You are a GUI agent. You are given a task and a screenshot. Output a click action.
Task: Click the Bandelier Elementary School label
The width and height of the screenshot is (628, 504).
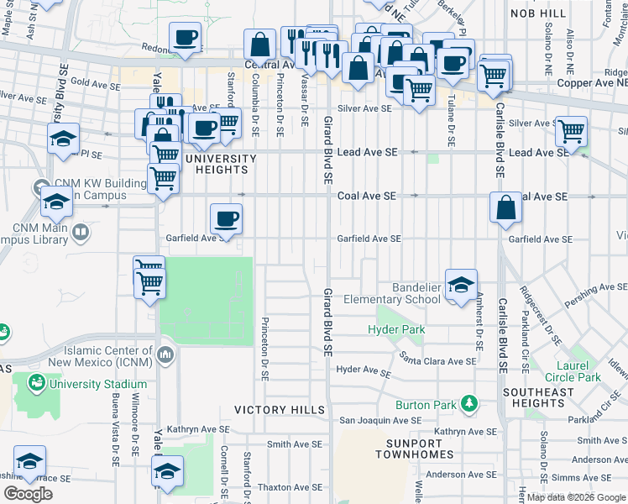pyautogui.click(x=406, y=293)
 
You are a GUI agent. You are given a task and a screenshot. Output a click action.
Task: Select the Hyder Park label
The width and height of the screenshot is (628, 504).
pyautogui.click(x=396, y=330)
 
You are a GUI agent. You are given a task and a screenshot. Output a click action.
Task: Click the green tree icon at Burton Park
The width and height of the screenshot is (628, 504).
pyautogui.click(x=467, y=404)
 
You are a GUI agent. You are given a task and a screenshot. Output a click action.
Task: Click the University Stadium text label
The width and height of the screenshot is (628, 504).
pyautogui.click(x=97, y=384)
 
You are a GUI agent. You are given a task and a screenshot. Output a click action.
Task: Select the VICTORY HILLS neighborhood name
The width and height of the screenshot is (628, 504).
pyautogui.click(x=279, y=410)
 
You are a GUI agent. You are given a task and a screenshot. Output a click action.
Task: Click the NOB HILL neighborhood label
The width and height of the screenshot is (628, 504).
pyautogui.click(x=540, y=14)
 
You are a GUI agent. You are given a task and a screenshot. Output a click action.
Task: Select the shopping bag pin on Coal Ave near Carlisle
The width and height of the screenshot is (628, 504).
pyautogui.click(x=506, y=209)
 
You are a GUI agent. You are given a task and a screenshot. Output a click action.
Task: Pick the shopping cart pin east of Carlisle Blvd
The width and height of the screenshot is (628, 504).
pyautogui.click(x=571, y=132)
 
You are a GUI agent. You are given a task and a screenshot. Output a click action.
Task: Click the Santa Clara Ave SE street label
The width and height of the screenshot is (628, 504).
pyautogui.click(x=437, y=361)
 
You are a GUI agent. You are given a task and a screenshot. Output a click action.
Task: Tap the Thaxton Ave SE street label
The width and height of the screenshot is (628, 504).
pyautogui.click(x=290, y=487)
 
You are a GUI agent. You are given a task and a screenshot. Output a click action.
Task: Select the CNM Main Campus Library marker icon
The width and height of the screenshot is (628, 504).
pyautogui.click(x=81, y=231)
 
